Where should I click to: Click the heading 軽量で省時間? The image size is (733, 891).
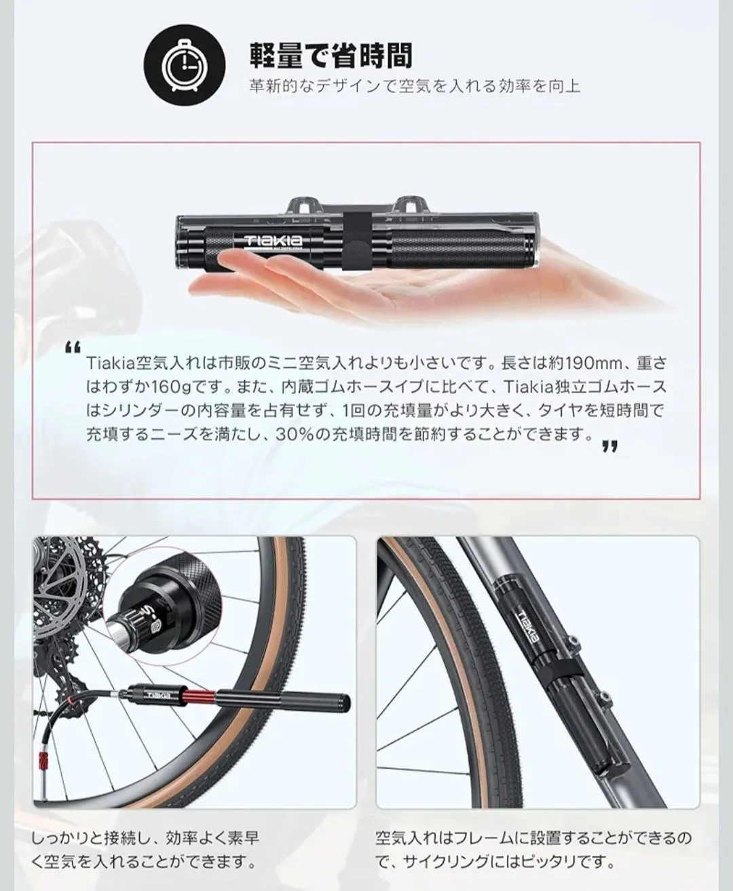coord(331,56)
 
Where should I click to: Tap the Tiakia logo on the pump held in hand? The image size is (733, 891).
coord(274,241)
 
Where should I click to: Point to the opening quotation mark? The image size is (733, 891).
coord(73,347)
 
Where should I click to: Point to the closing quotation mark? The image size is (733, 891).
coord(609,447)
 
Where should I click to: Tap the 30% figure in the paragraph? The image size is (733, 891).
coord(296,434)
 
